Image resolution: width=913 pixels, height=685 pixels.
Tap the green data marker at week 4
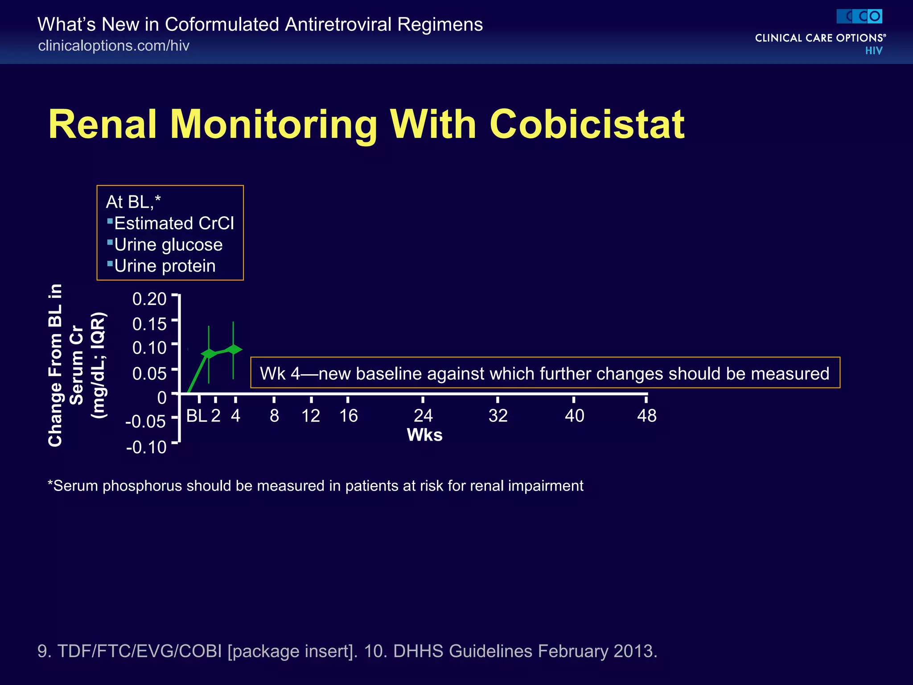233,349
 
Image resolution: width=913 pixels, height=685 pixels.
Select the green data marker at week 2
209,354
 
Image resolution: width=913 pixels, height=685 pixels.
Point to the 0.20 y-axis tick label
149,299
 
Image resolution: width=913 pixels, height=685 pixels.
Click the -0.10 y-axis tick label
146,447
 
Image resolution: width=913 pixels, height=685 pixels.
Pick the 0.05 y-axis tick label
149,373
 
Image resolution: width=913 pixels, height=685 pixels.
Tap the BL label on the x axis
196,416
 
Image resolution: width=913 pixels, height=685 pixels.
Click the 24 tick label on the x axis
423,416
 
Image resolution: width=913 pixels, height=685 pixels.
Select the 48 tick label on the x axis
646,416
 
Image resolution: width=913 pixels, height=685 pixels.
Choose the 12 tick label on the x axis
311,416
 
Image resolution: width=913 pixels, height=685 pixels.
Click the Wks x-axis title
424,435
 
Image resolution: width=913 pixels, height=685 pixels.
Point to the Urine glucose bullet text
168,245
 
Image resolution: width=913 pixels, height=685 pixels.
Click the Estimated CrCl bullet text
174,223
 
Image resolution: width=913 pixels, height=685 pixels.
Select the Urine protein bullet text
165,266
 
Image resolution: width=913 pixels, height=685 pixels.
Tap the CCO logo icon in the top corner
859,17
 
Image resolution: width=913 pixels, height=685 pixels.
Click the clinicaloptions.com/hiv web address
114,45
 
